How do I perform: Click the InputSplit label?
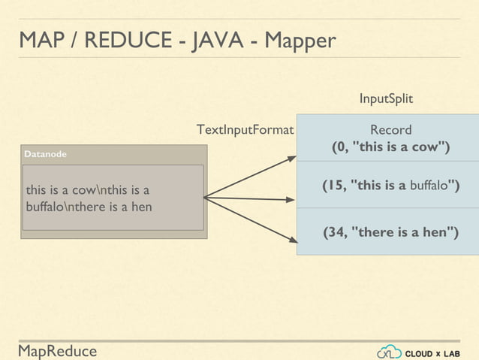[386, 99]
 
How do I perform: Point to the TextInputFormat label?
[244, 130]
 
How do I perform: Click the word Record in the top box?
[390, 130]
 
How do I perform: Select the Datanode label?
[45, 154]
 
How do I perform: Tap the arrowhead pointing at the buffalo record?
[292, 200]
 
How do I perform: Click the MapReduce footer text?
[58, 351]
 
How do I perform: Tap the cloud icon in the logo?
[389, 351]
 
